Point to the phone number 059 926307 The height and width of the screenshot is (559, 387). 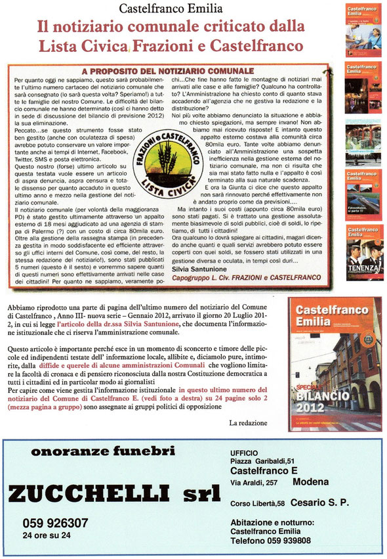pyautogui.click(x=55, y=523)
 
